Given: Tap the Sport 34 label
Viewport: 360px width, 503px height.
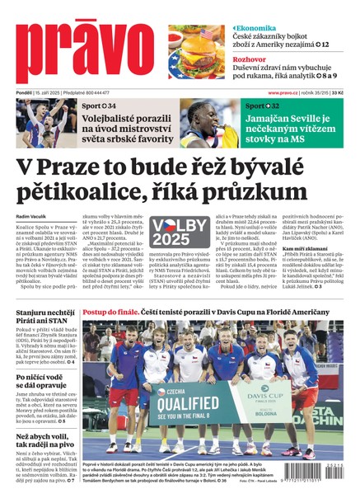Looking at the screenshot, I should [99, 107].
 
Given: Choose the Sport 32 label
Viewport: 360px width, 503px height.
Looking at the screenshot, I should [262, 106].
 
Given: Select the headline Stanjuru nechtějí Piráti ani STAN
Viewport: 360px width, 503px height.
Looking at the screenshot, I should [45, 319].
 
